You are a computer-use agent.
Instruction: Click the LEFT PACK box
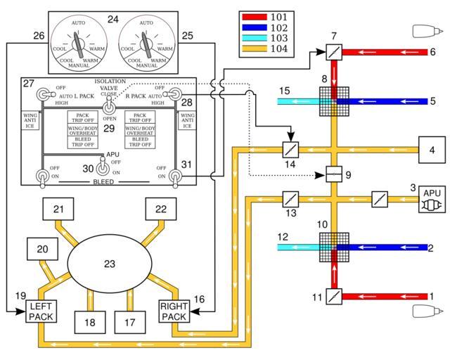click(x=46, y=311)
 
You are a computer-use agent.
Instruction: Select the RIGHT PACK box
click(x=173, y=311)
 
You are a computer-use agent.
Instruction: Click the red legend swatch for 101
click(x=251, y=15)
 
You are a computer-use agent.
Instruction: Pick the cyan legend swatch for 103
click(x=251, y=38)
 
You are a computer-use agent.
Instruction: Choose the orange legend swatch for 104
click(x=251, y=49)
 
